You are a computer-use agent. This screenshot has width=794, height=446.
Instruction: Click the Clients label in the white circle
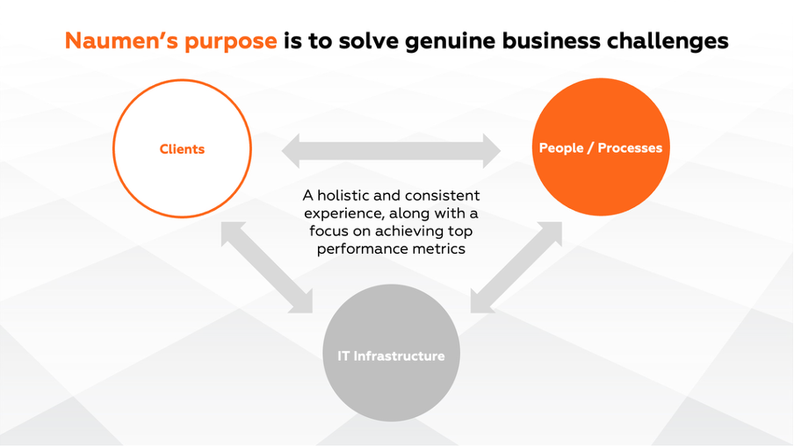(182, 149)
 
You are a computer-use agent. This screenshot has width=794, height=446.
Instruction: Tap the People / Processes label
(601, 148)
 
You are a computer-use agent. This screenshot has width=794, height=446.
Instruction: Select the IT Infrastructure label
(391, 356)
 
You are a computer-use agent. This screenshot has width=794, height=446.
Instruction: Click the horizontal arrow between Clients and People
(391, 150)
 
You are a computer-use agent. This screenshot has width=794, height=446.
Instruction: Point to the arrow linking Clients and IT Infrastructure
(266, 266)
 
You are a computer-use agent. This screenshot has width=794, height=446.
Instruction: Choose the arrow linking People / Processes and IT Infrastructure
(516, 266)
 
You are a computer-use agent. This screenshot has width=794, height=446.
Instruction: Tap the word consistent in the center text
(441, 195)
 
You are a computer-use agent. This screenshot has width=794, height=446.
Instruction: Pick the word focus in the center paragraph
(328, 231)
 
